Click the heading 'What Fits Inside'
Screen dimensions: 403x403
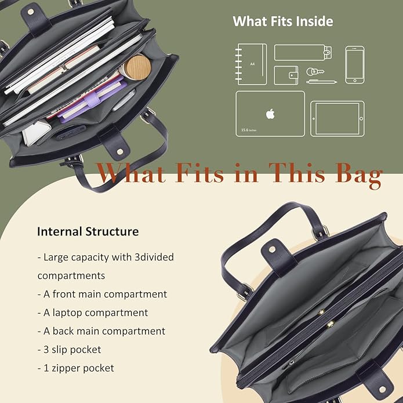(x=283, y=21)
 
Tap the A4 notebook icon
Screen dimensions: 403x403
(x=251, y=64)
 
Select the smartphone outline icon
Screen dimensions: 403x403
(x=355, y=64)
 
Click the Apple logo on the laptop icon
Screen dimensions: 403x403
(x=270, y=114)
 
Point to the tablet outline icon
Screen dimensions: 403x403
(x=337, y=118)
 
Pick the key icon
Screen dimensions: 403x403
(x=315, y=72)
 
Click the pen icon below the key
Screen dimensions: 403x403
(x=322, y=82)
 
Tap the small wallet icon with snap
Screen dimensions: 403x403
(x=286, y=75)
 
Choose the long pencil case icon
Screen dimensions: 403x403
(x=303, y=53)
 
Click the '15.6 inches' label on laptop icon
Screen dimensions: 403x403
(x=249, y=130)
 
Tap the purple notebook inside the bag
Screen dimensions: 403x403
(x=93, y=99)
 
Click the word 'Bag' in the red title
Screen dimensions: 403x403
(x=359, y=175)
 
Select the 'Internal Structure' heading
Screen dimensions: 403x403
(x=88, y=231)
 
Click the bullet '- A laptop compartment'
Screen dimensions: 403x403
(x=93, y=313)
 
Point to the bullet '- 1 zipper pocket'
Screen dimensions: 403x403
(x=75, y=368)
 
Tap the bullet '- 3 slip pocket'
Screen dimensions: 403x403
(x=69, y=350)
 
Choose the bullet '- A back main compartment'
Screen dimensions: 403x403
(x=101, y=331)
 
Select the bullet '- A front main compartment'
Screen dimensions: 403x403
(x=102, y=295)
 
